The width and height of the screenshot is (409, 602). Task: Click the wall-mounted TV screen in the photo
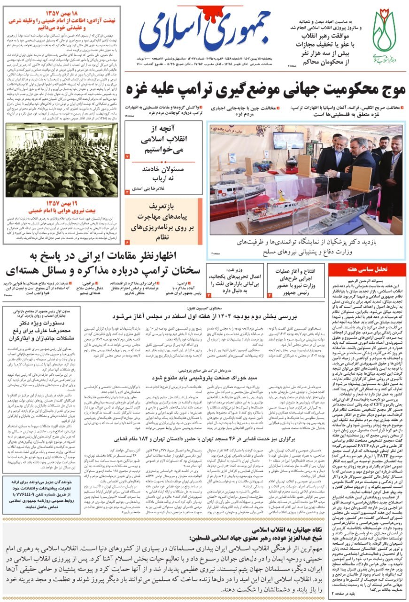click(288, 140)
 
